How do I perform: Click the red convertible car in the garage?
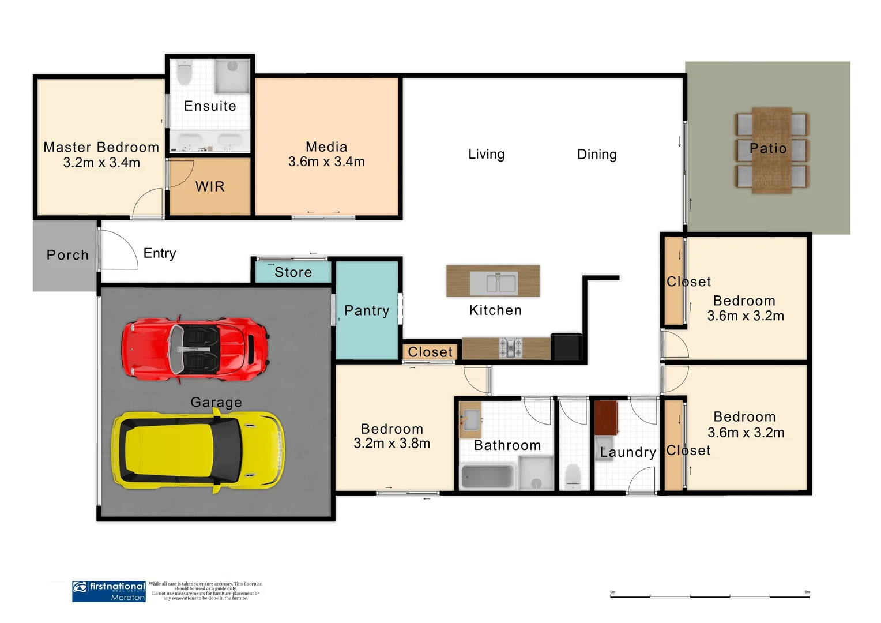(195, 349)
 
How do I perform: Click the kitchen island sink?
(493, 283)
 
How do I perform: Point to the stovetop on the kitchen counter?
(510, 348)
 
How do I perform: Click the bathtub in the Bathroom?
(487, 476)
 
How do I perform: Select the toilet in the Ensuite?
(185, 73)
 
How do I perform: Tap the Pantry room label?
(367, 310)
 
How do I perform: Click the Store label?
(293, 272)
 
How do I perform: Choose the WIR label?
(210, 186)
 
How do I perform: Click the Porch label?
(67, 255)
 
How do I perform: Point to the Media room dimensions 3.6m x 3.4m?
(326, 162)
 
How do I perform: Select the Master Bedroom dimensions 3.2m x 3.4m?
(101, 163)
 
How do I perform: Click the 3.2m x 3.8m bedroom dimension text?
(391, 444)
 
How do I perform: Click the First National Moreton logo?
(109, 591)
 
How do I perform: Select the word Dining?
(597, 155)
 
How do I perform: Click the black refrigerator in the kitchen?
(566, 347)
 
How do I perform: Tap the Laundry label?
(628, 452)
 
